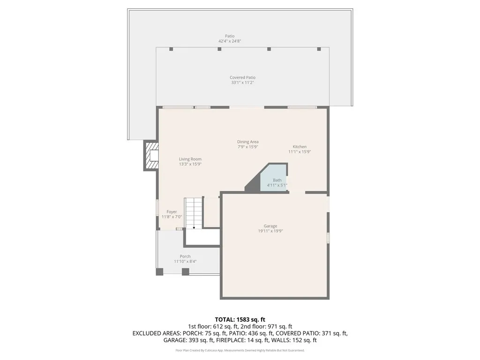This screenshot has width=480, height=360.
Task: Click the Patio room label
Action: (229, 36)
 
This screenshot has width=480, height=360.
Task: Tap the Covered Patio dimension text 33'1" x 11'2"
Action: (243, 82)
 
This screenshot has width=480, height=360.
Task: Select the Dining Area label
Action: (247, 142)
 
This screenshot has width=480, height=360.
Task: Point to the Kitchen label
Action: (300, 147)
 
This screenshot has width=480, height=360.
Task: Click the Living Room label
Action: (190, 159)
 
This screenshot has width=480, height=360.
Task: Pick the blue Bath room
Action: (275, 178)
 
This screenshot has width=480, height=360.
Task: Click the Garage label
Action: (270, 226)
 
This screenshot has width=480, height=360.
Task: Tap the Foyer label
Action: (172, 212)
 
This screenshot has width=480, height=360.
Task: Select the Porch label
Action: (185, 256)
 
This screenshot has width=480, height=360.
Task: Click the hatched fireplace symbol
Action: (152, 156)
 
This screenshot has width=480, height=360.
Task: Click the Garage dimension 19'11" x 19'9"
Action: (270, 231)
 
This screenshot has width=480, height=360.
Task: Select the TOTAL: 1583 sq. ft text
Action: (240, 319)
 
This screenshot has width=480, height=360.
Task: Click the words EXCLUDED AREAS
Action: (155, 333)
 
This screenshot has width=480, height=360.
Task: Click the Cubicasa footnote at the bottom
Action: (240, 350)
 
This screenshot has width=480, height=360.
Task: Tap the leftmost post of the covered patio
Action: (171, 49)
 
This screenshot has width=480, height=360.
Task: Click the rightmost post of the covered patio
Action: (319, 49)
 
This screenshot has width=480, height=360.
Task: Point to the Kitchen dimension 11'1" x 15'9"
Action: (300, 152)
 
